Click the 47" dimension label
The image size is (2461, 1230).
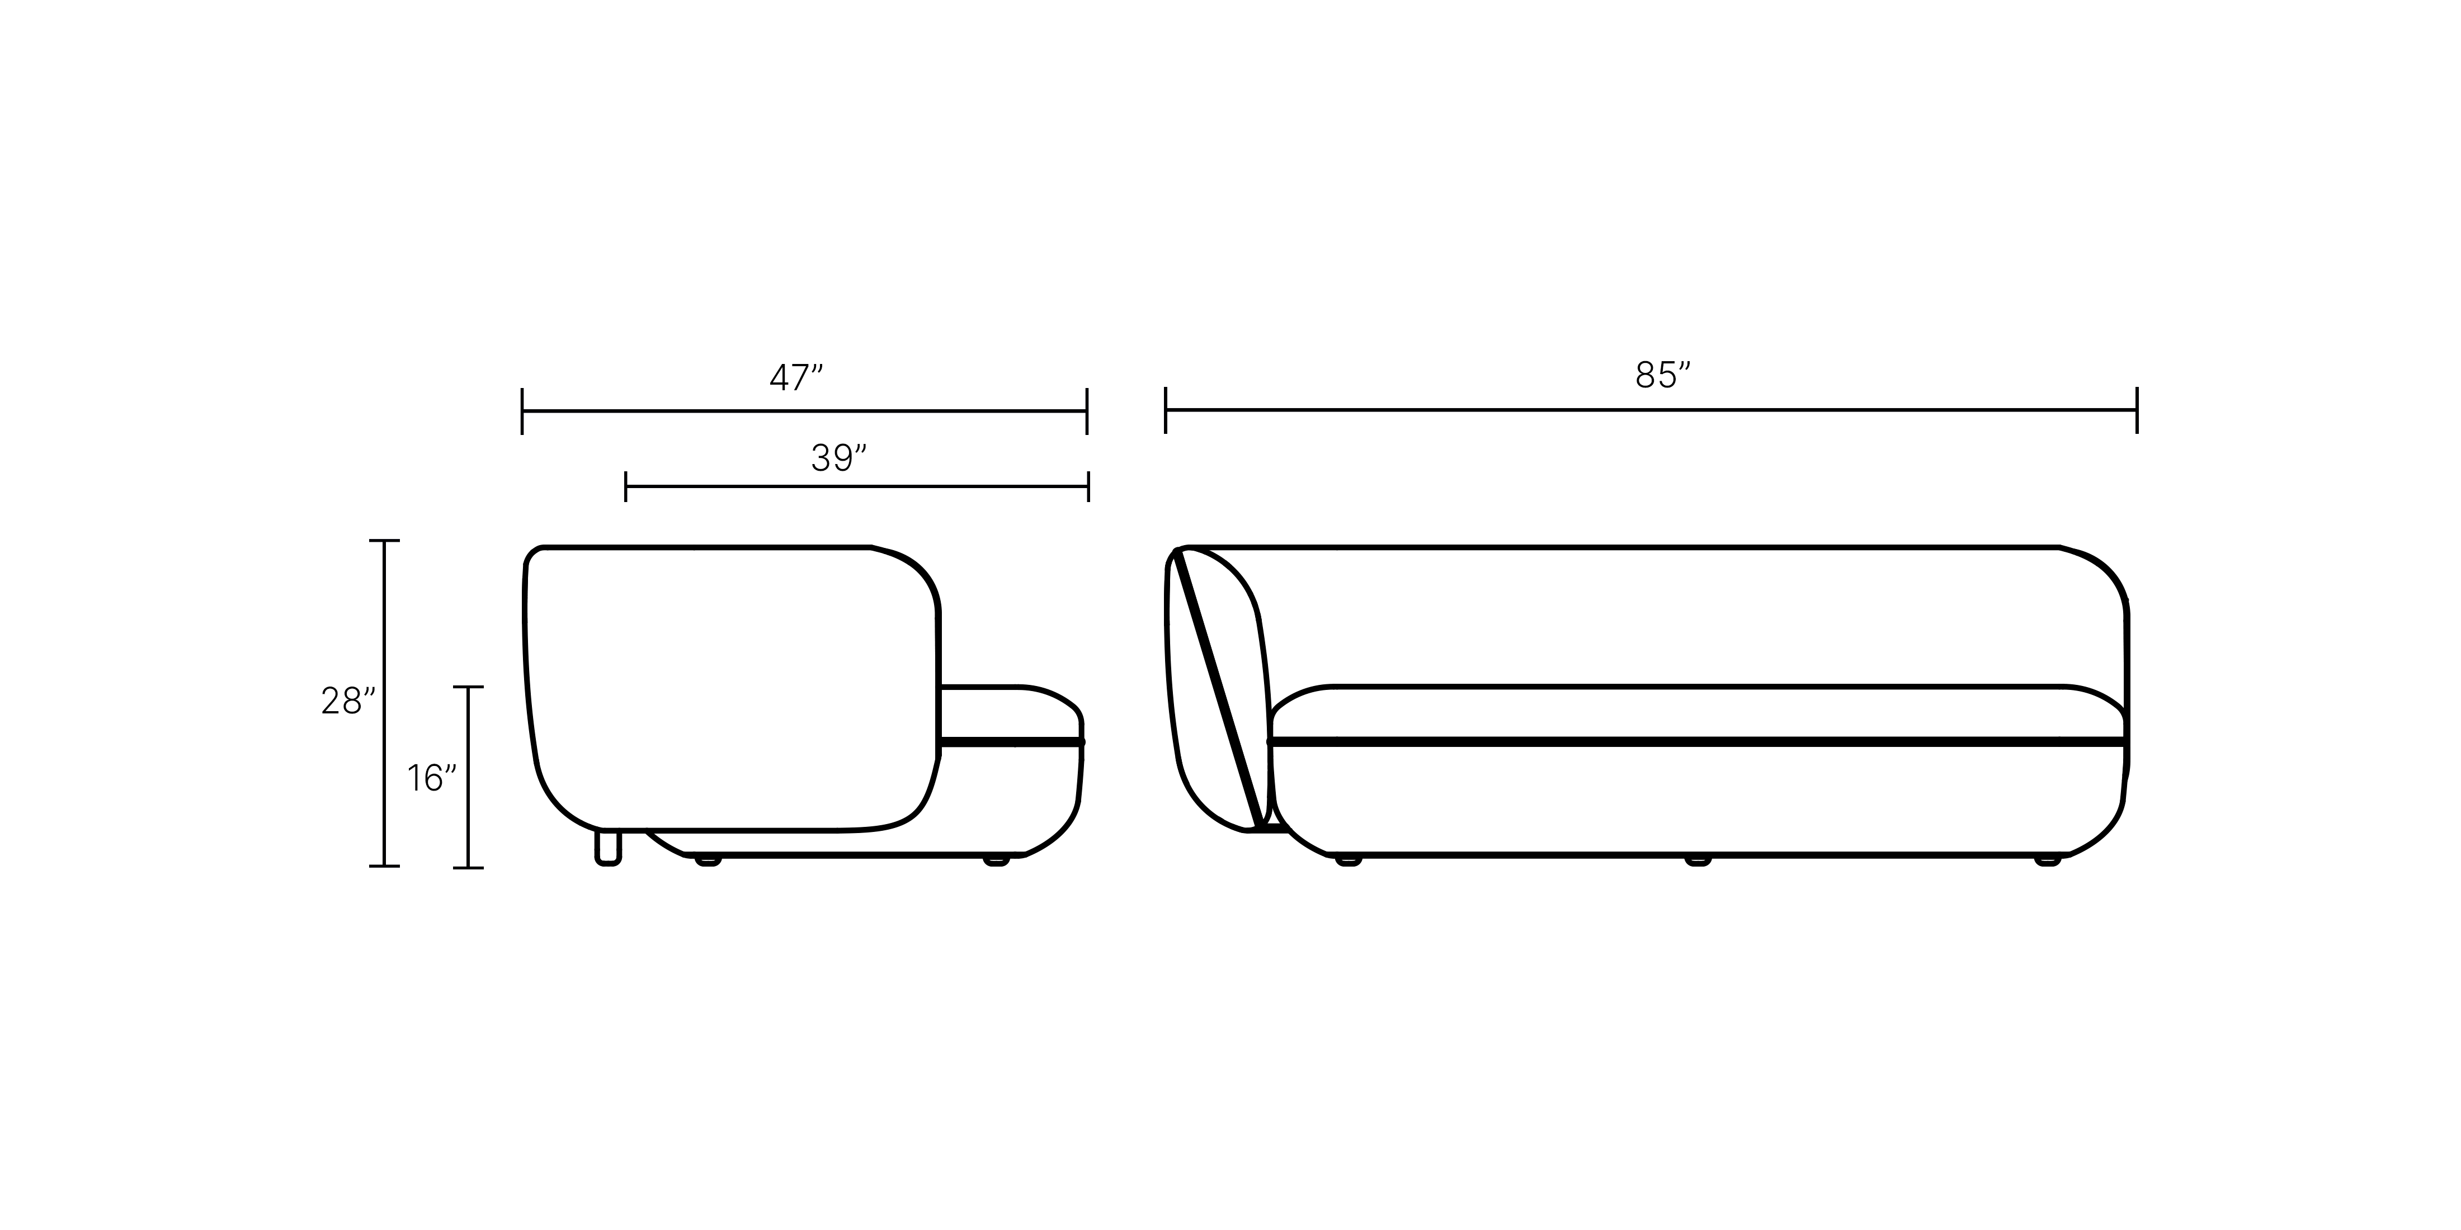[796, 378]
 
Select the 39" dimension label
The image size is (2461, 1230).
[838, 458]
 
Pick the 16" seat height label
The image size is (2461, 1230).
[432, 778]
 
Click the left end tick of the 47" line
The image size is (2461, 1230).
[522, 411]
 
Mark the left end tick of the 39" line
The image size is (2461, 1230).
[626, 486]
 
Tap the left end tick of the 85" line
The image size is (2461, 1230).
[1166, 410]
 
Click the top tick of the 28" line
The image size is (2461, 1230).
[384, 541]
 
